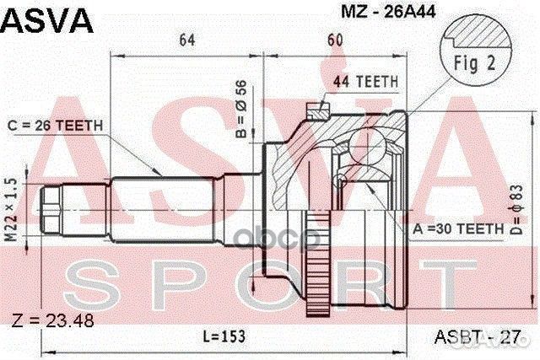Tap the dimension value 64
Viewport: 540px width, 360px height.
click(x=187, y=39)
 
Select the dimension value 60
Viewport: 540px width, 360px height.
click(x=335, y=39)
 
